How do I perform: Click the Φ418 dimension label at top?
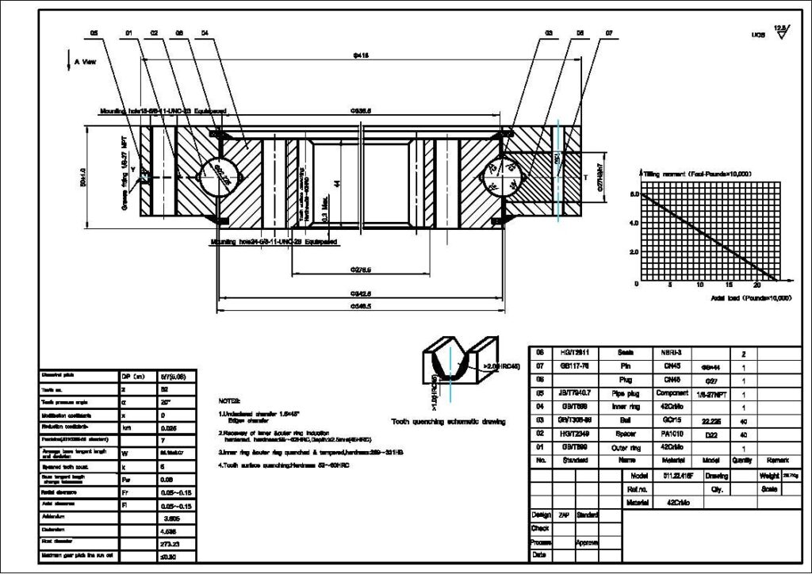point(361,56)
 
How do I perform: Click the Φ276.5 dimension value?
point(361,270)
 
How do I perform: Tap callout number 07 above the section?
point(609,33)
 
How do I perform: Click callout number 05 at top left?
point(94,33)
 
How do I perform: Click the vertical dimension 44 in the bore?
point(337,183)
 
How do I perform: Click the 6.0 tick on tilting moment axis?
point(634,193)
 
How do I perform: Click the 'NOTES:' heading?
point(229,402)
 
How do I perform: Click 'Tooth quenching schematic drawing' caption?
point(448,421)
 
